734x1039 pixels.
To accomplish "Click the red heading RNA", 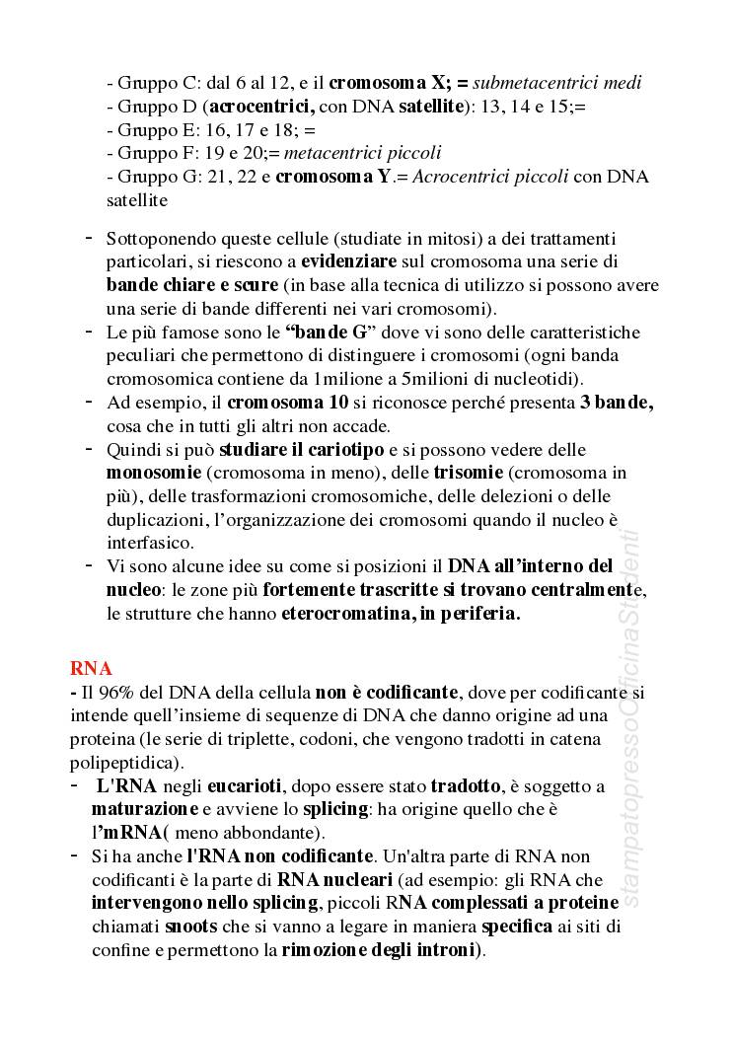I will [x=91, y=667].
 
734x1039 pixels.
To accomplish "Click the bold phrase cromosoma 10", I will [x=274, y=403].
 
